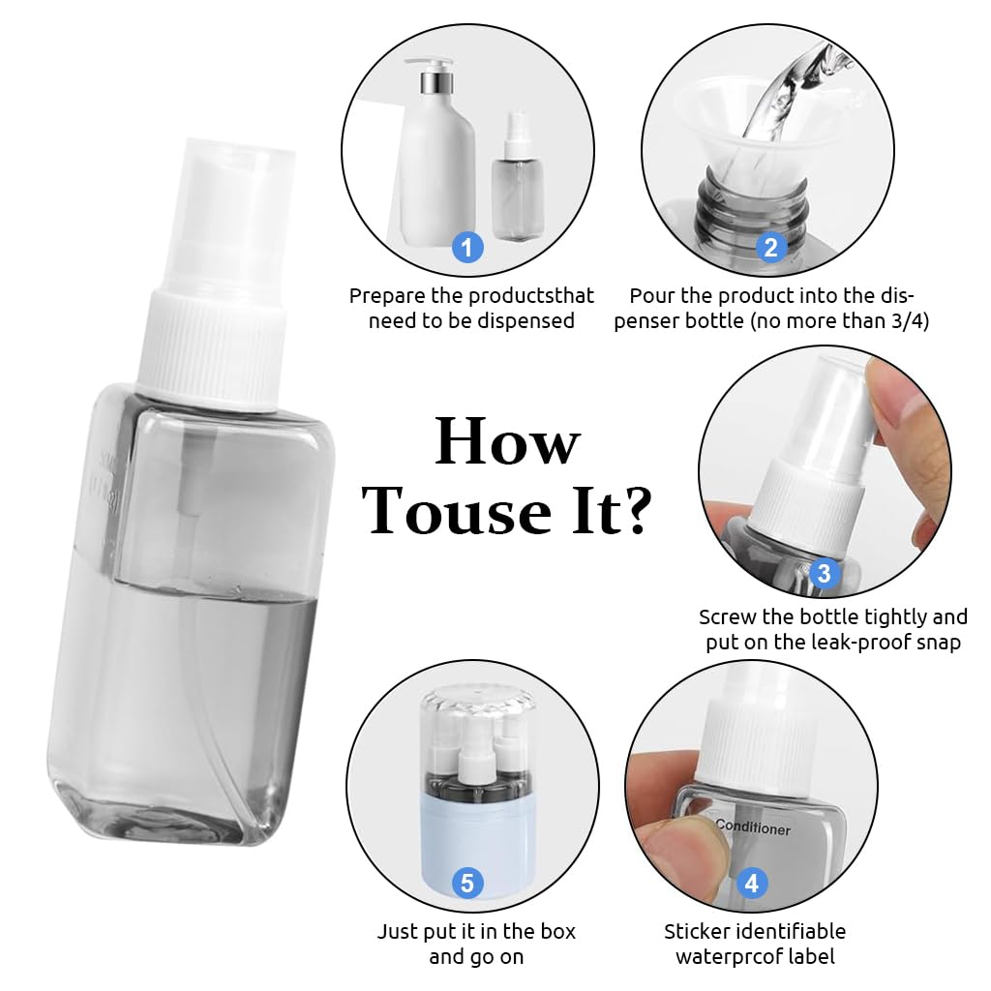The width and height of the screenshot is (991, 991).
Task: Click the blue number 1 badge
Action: click(467, 248)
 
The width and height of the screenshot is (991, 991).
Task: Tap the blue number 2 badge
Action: click(770, 248)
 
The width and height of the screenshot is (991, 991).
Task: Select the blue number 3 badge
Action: click(824, 574)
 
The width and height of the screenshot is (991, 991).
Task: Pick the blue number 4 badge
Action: click(751, 883)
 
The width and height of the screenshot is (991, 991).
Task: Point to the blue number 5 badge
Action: click(467, 883)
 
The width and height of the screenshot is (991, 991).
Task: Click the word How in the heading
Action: click(507, 442)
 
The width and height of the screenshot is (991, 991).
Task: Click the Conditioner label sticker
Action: click(753, 829)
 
